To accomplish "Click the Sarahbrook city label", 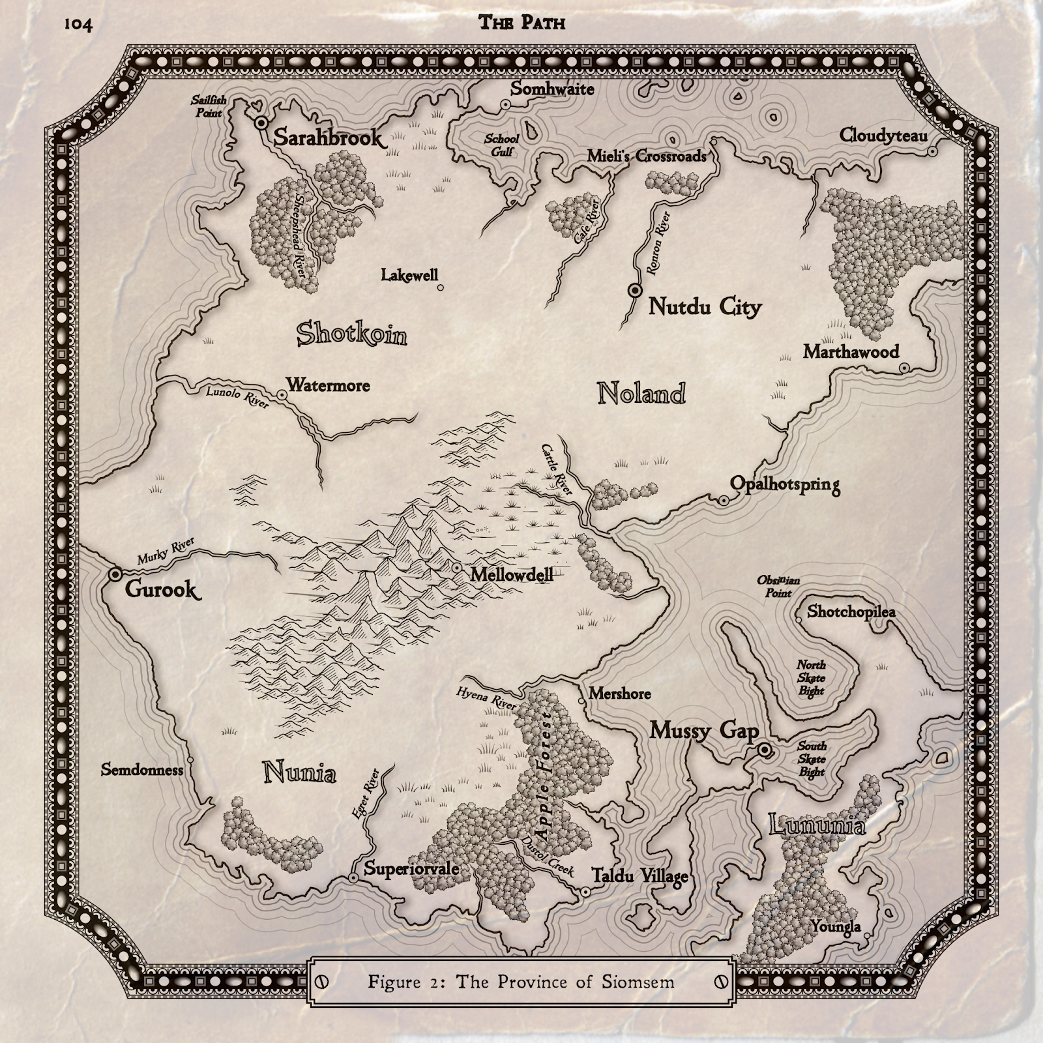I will coord(328,138).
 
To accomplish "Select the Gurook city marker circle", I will coord(116,574).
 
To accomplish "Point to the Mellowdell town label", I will coord(511,575).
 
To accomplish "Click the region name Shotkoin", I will coord(352,334).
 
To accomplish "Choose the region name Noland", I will coord(641,393).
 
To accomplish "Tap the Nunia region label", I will coord(300,773).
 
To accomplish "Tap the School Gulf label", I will coord(501,145).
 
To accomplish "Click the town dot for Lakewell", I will coord(441,287).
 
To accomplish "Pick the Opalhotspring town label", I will coord(785,484).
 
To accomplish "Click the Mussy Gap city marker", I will coord(765,751).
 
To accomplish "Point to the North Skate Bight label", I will coord(811,677).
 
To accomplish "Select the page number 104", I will coord(78,25).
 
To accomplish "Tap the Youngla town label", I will coord(836,927).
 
